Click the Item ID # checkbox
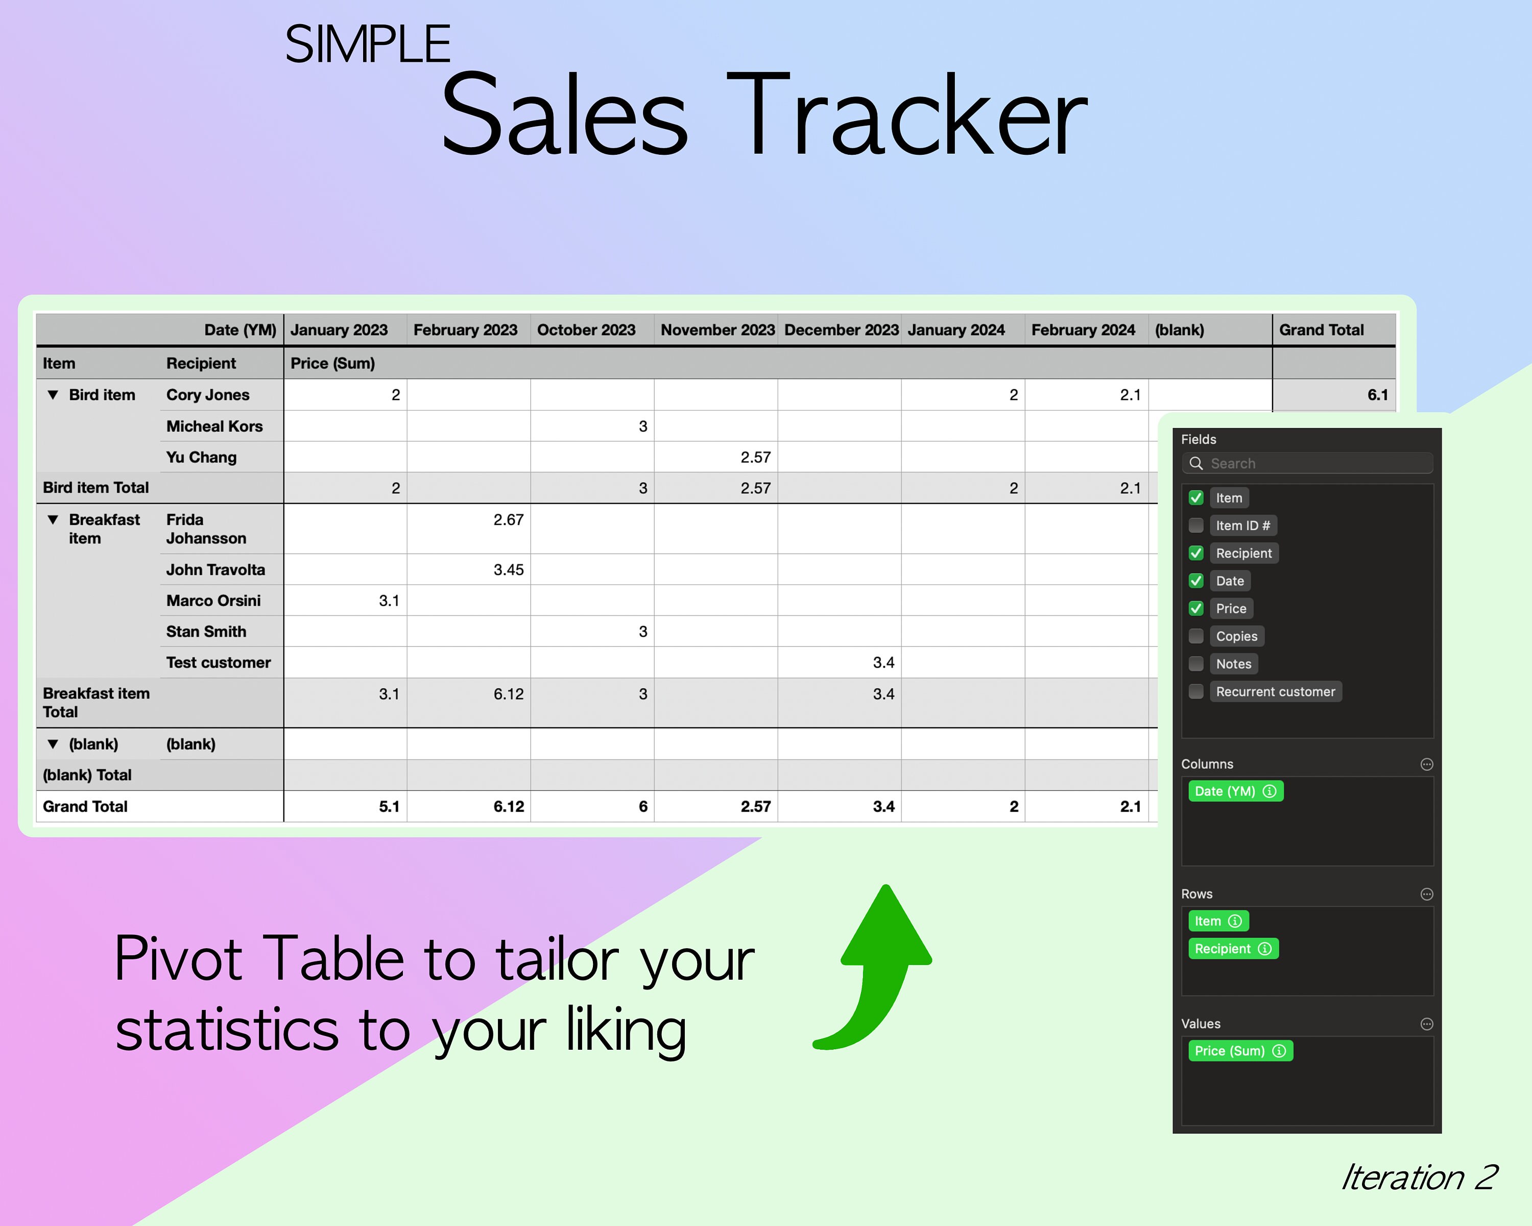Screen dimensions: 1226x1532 (x=1196, y=525)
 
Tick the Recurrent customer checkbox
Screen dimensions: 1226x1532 (x=1196, y=692)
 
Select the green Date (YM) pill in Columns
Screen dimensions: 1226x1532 (x=1235, y=791)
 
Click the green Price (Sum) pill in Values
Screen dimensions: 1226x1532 (x=1239, y=1050)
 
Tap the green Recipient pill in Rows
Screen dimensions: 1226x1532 (x=1232, y=949)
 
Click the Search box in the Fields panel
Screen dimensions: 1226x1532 (x=1307, y=463)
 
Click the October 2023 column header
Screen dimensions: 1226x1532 (x=586, y=330)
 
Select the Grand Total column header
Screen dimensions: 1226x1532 (x=1322, y=330)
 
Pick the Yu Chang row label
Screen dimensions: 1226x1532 (x=201, y=457)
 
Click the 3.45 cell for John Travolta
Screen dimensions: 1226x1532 (x=508, y=569)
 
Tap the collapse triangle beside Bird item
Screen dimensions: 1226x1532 (x=53, y=394)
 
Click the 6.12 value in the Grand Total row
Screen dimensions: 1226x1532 (x=508, y=807)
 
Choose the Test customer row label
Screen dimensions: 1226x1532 (x=218, y=663)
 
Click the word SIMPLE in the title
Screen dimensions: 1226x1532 (x=367, y=44)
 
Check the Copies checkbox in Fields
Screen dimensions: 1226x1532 (x=1196, y=636)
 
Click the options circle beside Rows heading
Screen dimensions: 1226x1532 (x=1426, y=894)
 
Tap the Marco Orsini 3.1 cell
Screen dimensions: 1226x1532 (x=389, y=601)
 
